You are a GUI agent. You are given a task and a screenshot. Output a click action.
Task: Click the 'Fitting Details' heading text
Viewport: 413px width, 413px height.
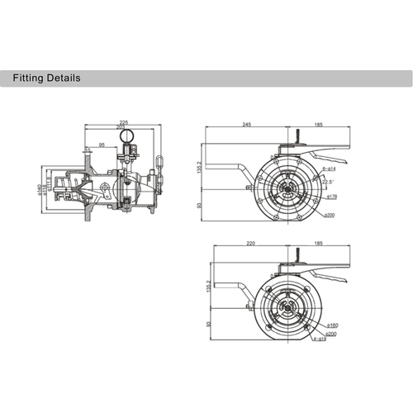(x=45, y=79)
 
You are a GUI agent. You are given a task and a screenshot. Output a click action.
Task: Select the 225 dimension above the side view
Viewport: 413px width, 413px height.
(x=123, y=117)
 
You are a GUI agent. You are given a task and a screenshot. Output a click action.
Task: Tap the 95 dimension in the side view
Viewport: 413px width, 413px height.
(x=102, y=145)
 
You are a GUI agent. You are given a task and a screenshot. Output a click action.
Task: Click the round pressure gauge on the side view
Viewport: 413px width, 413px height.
(x=127, y=134)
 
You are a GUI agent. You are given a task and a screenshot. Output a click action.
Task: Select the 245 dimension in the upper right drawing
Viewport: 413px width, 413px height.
(x=246, y=125)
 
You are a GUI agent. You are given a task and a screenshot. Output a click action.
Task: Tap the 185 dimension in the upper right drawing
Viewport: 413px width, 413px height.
(x=317, y=125)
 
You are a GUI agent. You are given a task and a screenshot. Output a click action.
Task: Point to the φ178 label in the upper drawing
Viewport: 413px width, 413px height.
(x=333, y=197)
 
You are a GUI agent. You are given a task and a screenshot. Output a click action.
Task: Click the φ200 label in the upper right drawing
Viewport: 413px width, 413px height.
(x=329, y=215)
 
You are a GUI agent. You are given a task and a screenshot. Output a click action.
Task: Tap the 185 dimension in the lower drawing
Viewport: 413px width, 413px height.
(x=317, y=245)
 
